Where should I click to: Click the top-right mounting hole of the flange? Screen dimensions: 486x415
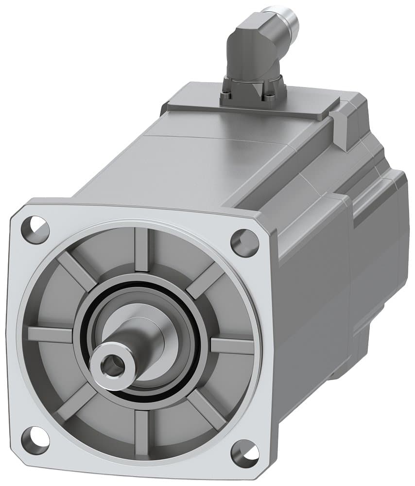[x=244, y=242]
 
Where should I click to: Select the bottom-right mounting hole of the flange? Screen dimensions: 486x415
[x=244, y=452]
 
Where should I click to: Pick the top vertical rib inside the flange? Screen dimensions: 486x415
[x=142, y=249]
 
